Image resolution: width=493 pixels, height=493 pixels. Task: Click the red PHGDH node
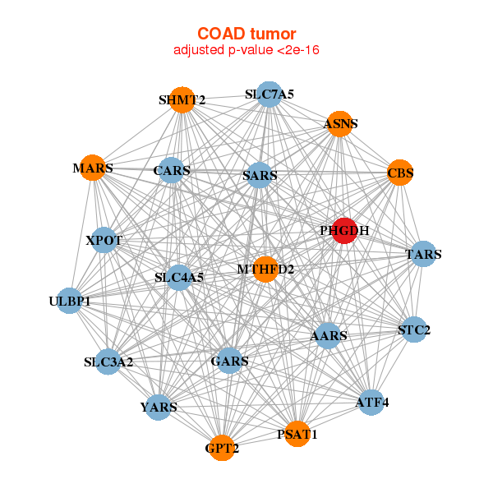(x=344, y=230)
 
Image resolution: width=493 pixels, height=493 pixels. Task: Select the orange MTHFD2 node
(x=265, y=270)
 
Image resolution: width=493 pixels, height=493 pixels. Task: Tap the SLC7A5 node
(x=270, y=94)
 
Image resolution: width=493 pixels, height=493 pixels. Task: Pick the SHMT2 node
(x=182, y=99)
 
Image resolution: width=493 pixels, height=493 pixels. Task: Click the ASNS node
(x=340, y=124)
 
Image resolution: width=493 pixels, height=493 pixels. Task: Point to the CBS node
(x=400, y=173)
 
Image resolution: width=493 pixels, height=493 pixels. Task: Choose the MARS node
(x=92, y=168)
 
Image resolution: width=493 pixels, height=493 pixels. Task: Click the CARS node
(x=172, y=170)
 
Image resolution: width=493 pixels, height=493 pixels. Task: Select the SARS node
(x=260, y=175)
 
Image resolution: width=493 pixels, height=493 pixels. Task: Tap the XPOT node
(x=104, y=240)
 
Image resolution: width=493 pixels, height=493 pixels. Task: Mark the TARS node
(x=423, y=254)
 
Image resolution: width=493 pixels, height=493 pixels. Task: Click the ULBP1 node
(x=70, y=301)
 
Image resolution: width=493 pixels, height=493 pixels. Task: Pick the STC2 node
(x=414, y=329)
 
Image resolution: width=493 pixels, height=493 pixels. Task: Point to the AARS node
(x=328, y=335)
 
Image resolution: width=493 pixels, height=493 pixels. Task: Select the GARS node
(x=229, y=361)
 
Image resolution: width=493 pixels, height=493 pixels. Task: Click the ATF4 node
(x=371, y=402)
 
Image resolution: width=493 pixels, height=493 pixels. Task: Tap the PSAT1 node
(x=297, y=434)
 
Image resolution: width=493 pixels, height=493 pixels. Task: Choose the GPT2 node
(x=222, y=448)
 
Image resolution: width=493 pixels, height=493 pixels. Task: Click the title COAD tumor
(x=246, y=34)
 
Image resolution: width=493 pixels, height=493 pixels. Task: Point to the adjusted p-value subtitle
(x=246, y=50)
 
